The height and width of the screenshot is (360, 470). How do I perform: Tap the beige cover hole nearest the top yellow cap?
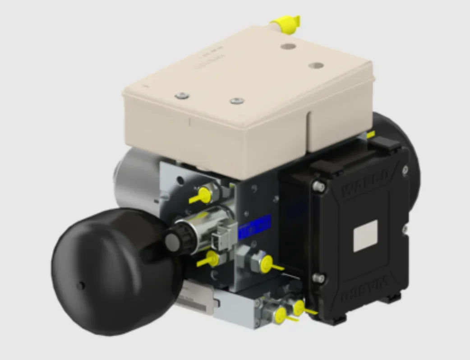287,46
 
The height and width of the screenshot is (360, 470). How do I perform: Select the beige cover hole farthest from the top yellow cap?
316,65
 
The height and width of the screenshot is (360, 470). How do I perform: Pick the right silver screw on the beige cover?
236,101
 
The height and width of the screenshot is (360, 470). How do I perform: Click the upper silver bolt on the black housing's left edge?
318,185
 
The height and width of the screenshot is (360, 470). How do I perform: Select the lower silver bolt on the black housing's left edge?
319,278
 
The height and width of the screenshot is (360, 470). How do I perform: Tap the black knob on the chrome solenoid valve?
173,240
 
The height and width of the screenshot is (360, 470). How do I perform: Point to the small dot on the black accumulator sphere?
82,285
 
